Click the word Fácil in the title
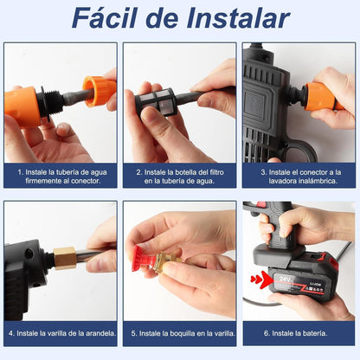click(106, 18)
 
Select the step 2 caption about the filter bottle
click(179, 176)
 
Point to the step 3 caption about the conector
click(299, 176)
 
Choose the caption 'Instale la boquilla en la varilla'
click(179, 333)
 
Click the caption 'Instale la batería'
click(299, 333)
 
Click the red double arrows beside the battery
click(259, 279)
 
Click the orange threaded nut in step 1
click(99, 91)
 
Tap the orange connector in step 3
click(319, 96)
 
